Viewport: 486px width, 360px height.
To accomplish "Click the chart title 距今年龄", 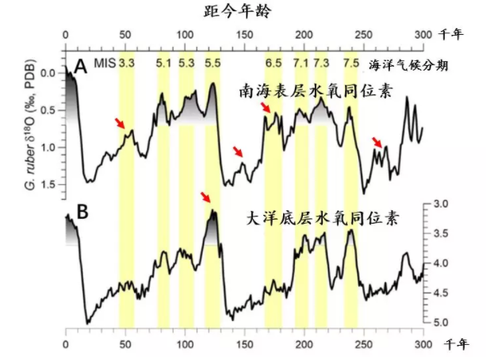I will click(x=243, y=10).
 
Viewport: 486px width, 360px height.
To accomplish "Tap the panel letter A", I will click(x=80, y=67).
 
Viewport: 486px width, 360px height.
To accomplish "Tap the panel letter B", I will click(x=80, y=212).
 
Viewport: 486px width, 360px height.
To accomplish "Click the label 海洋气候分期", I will click(x=409, y=67).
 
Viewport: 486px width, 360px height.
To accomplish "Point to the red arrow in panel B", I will click(x=205, y=197).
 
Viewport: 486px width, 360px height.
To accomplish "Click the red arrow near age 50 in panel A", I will click(x=119, y=123).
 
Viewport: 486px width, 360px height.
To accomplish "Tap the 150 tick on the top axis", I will click(x=243, y=34).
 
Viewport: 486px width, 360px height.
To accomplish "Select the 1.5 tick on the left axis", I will click(x=48, y=185).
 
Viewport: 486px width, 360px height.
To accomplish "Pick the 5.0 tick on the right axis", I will click(x=442, y=322).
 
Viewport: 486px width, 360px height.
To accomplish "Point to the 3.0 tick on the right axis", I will click(x=442, y=205).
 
